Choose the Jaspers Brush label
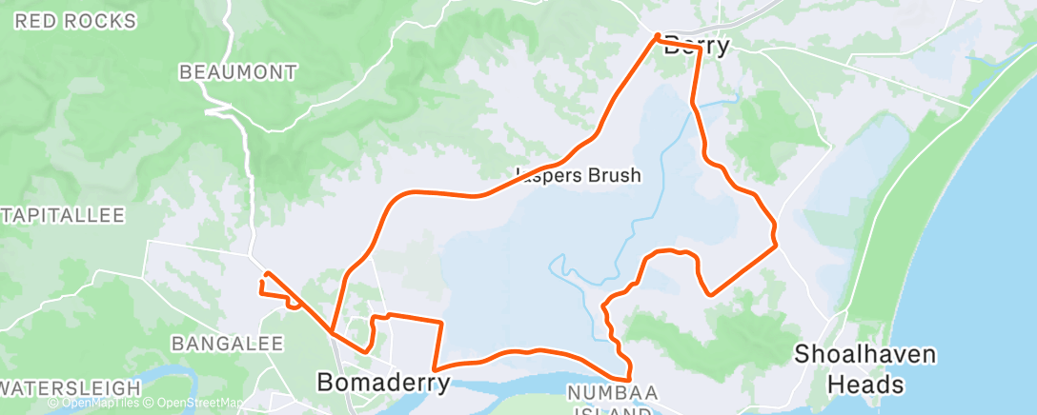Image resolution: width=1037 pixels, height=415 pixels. [x=578, y=175]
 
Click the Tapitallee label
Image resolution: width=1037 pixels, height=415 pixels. [x=63, y=215]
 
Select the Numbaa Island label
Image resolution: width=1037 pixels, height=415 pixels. [x=609, y=400]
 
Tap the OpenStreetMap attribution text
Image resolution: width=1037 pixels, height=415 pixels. [x=194, y=404]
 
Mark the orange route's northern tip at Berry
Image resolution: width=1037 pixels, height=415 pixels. [x=657, y=36]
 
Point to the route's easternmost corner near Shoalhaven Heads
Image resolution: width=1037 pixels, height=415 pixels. [x=777, y=245]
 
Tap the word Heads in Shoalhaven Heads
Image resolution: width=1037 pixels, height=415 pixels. [x=865, y=385]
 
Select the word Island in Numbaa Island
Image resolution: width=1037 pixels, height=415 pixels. [x=609, y=411]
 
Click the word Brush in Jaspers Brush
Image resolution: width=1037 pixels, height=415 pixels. [x=615, y=175]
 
